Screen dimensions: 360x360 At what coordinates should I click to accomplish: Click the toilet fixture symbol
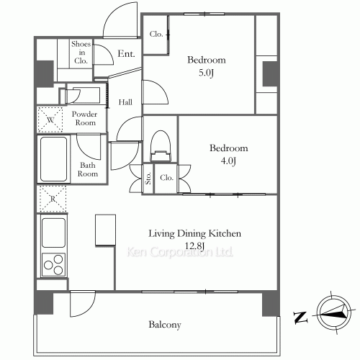[161, 146]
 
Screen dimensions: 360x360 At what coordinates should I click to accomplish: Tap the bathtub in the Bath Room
[53, 159]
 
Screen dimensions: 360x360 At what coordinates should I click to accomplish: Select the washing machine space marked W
[50, 120]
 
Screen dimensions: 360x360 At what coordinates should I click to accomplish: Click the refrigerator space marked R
[53, 199]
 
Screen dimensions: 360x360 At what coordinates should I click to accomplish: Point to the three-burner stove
[53, 264]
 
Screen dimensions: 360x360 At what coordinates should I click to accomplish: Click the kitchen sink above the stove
[53, 233]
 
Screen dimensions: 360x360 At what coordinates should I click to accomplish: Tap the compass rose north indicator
[333, 313]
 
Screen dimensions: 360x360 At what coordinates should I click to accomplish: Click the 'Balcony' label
[165, 325]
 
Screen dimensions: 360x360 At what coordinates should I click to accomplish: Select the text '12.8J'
[194, 246]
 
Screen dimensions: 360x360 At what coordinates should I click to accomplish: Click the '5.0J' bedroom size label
[206, 73]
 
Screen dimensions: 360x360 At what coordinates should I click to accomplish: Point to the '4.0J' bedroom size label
[228, 161]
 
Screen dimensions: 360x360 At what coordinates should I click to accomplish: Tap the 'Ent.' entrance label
[126, 53]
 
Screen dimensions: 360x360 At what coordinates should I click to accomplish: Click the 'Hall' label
[125, 102]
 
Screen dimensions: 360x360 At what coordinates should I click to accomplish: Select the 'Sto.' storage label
[148, 178]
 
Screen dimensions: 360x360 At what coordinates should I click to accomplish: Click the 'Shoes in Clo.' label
[81, 53]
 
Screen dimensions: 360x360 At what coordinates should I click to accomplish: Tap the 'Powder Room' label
[84, 118]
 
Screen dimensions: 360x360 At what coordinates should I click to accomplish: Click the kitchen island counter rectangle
[105, 230]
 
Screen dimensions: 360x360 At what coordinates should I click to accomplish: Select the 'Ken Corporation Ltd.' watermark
[180, 252]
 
